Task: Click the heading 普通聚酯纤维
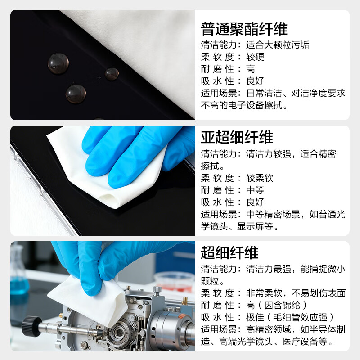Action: [244, 30]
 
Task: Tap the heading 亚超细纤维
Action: [237, 137]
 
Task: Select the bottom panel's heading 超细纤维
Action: [229, 253]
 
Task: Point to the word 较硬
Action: [255, 57]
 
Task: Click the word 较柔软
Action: [260, 178]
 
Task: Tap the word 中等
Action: [255, 190]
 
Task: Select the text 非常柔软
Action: [264, 293]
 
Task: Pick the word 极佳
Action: [255, 318]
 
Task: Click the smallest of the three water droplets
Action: [112, 74]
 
